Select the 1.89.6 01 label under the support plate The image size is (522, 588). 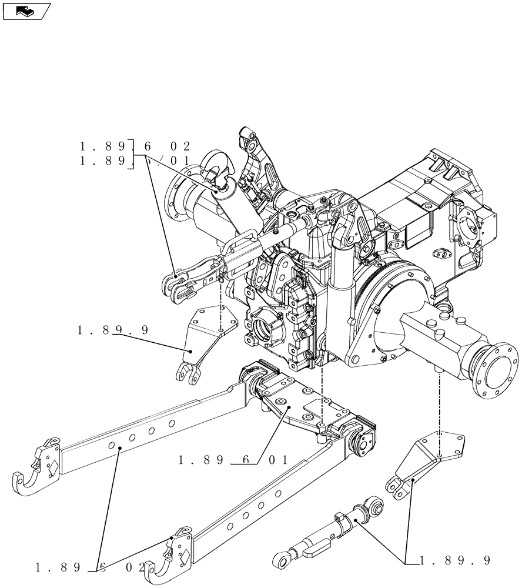tap(233, 460)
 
